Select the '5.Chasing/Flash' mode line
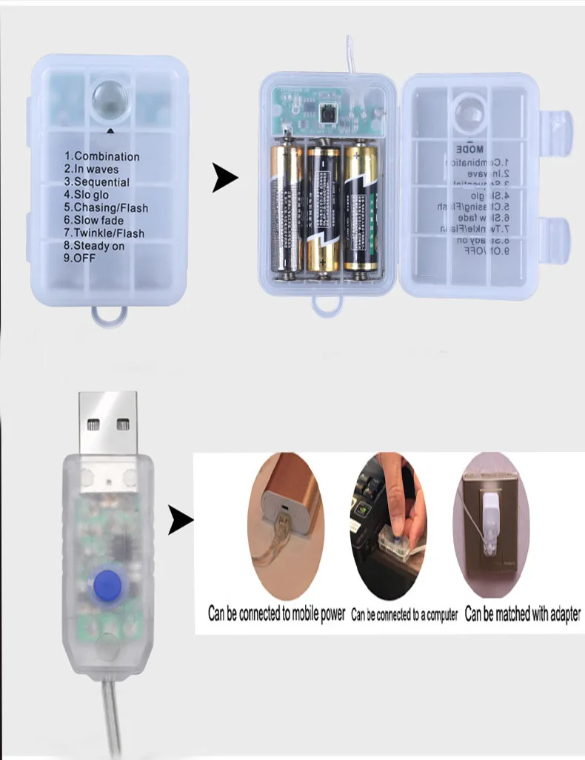point(106,207)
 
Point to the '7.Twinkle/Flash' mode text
point(104,233)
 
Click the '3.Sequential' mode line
point(96,182)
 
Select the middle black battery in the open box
point(324,210)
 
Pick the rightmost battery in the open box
point(361,208)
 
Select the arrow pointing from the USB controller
point(178,519)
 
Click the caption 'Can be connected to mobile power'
point(276,614)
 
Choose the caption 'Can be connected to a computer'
point(404,615)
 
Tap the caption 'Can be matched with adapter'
point(523,614)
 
